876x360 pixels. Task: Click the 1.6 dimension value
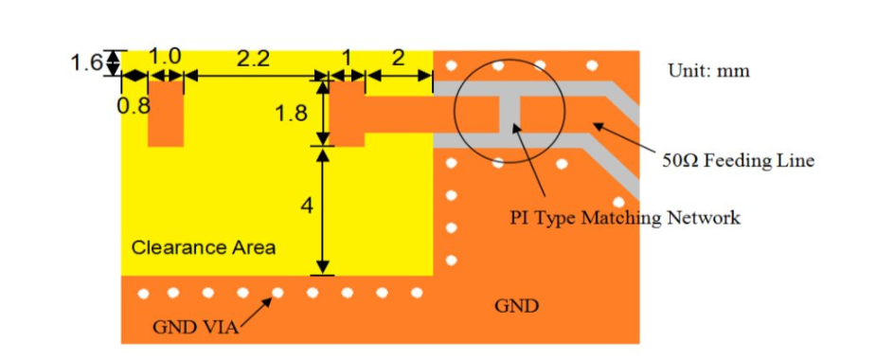click(x=86, y=62)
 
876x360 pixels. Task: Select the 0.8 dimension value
click(x=134, y=105)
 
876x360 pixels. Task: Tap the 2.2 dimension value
click(x=253, y=59)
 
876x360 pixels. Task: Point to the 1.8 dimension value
click(x=291, y=114)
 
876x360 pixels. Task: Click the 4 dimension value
click(x=307, y=207)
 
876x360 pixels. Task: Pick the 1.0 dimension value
click(x=166, y=58)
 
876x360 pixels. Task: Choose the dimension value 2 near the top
click(x=398, y=58)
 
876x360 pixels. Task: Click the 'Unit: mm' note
click(x=708, y=71)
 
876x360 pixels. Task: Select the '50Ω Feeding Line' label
click(x=738, y=161)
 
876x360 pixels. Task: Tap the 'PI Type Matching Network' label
click(x=625, y=217)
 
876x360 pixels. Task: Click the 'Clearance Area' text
click(x=204, y=247)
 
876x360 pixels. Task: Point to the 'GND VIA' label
click(x=195, y=328)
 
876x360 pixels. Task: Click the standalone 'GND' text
click(x=517, y=306)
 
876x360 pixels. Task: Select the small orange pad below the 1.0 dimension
click(x=166, y=114)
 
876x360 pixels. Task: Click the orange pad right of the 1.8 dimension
click(x=347, y=114)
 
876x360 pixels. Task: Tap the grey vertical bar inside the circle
click(x=510, y=114)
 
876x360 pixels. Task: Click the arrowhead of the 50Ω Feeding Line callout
click(x=597, y=126)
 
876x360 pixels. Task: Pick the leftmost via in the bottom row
click(x=144, y=294)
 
